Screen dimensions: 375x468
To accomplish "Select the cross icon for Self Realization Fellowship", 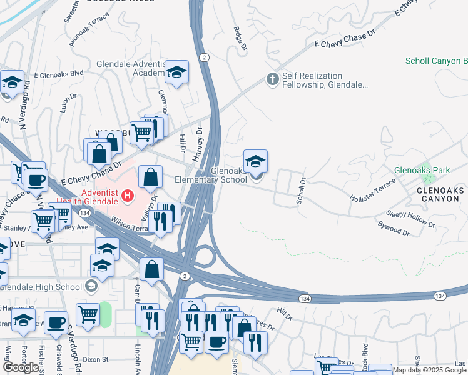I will point(272,79).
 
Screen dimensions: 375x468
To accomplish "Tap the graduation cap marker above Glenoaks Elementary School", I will point(255,162).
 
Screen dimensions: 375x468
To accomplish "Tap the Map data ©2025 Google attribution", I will point(429,370).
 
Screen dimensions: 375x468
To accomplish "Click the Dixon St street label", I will point(96,359).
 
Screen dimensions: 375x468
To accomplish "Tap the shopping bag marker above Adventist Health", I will point(151,177).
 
